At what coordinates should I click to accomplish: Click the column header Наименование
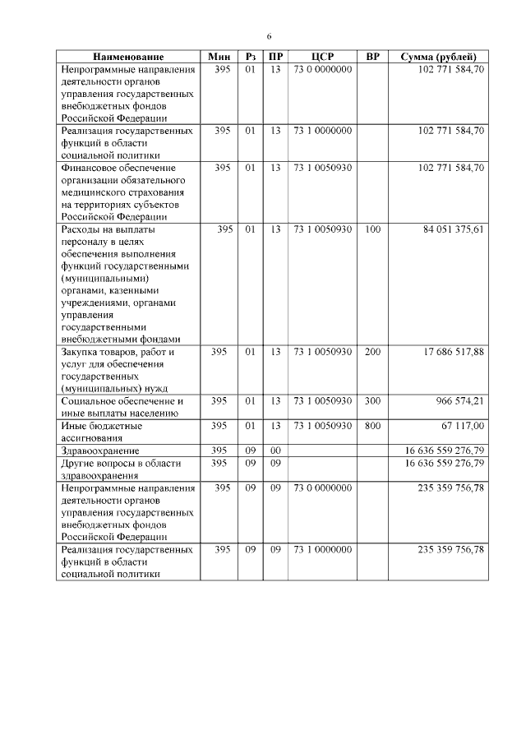tap(128, 57)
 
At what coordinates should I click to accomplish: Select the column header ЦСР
tap(321, 57)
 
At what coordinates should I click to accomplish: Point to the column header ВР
tap(372, 57)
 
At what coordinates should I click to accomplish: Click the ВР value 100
tap(372, 230)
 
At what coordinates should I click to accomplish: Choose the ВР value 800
tap(372, 426)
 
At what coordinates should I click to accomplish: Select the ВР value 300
tap(372, 401)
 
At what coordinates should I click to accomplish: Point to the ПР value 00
tap(275, 451)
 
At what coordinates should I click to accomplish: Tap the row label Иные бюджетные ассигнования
tap(102, 432)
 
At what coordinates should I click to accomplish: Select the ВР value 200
tap(372, 352)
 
